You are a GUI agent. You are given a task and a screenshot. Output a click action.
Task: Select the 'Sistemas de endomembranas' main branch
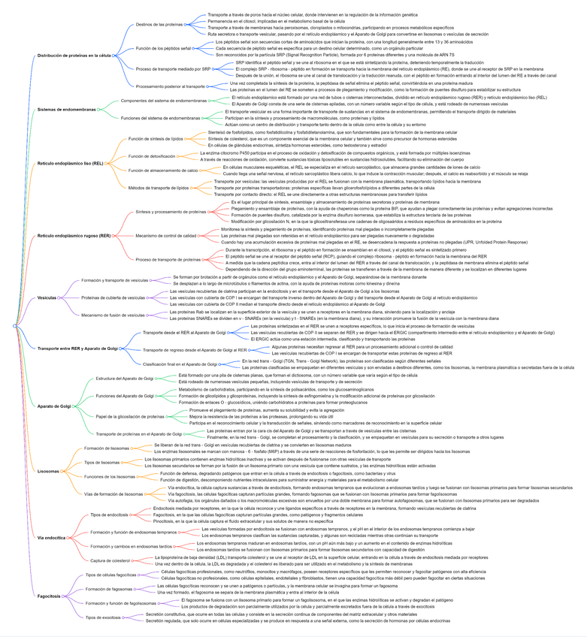(x=67, y=109)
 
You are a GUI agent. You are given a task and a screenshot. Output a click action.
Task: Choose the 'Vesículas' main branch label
(x=48, y=298)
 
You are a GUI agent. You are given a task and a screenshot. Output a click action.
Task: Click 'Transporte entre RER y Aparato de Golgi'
(x=77, y=349)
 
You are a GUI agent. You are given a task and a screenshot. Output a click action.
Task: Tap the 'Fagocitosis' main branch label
(x=49, y=596)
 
